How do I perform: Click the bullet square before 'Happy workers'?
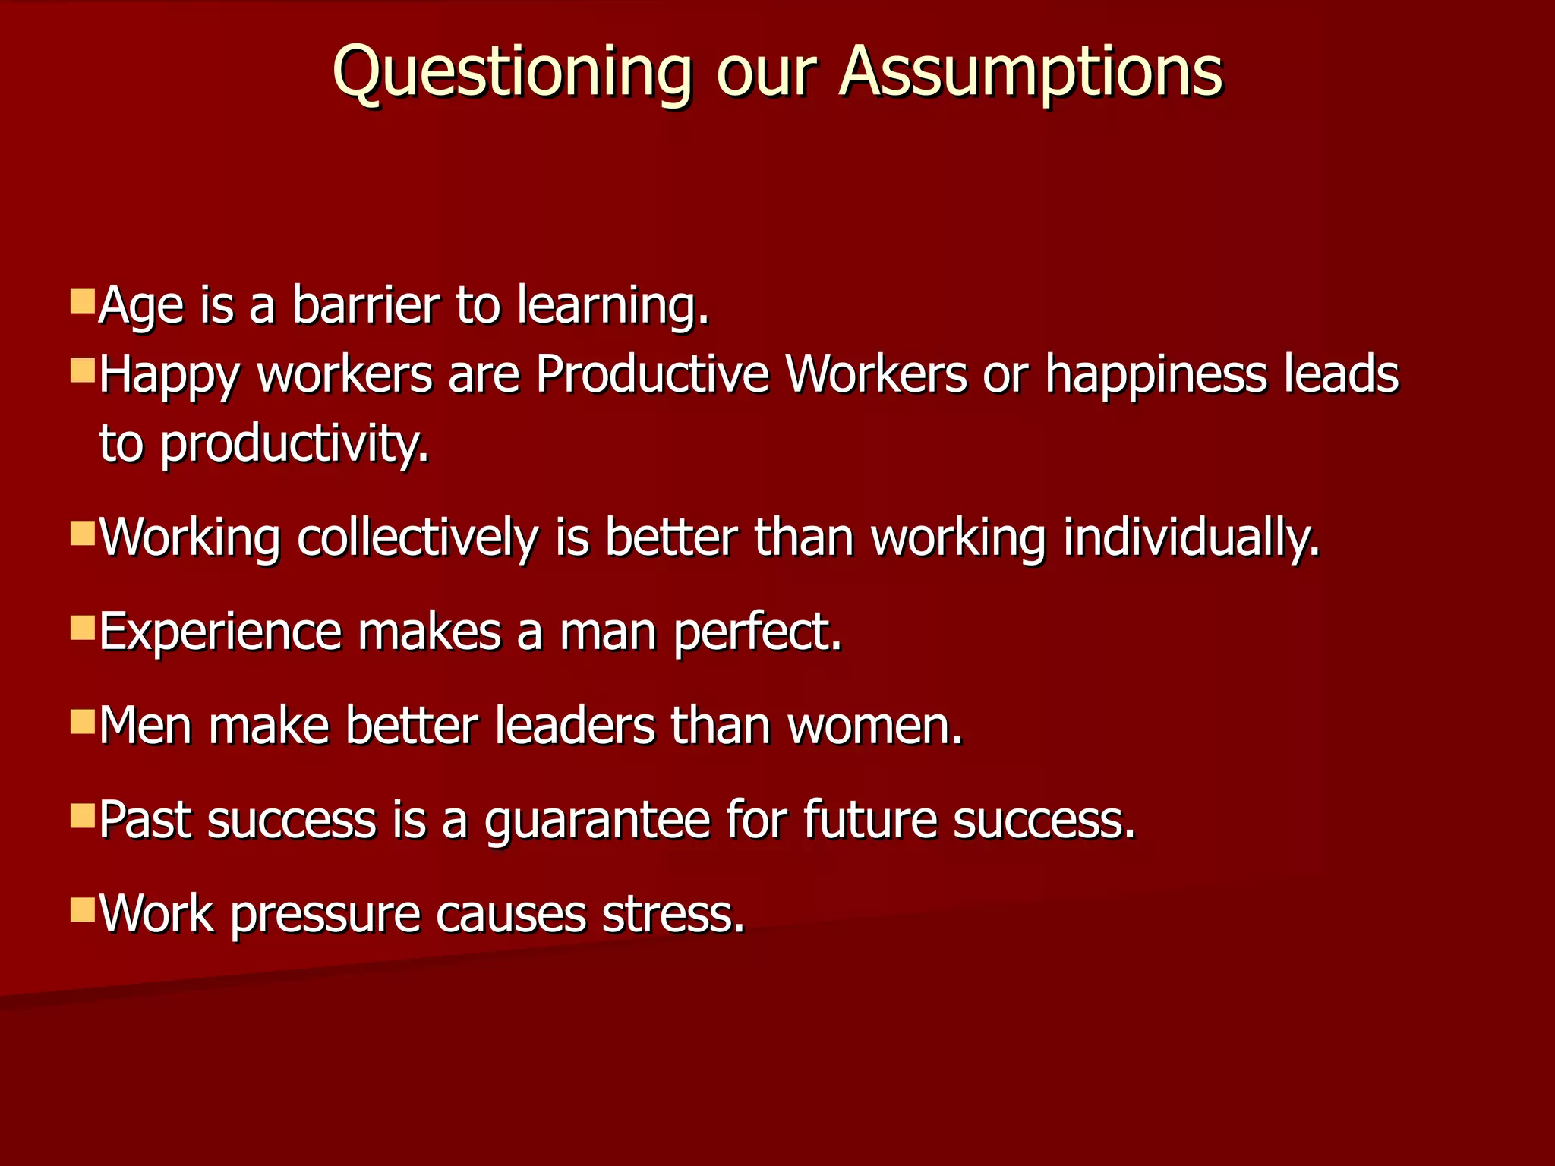pos(82,370)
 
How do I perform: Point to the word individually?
pos(1191,539)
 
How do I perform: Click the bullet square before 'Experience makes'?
pos(82,629)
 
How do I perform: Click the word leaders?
pos(575,726)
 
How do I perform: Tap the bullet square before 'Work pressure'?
pos(82,909)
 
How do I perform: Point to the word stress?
pos(673,914)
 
